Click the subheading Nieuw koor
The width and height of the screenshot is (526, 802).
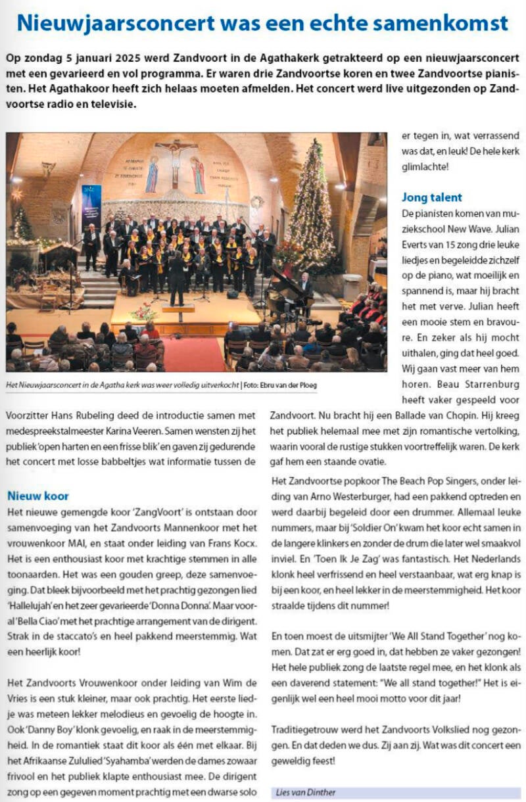tap(38, 495)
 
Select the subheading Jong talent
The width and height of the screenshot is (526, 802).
tap(432, 197)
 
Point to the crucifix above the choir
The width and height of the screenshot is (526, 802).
tap(176, 161)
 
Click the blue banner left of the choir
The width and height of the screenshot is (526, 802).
tap(91, 207)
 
